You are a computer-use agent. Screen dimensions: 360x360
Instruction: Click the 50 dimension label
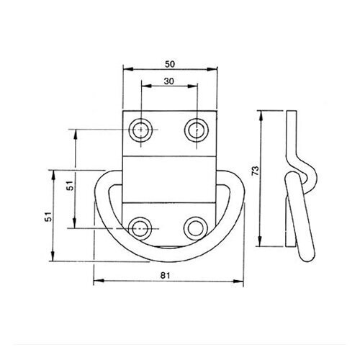tap(170, 64)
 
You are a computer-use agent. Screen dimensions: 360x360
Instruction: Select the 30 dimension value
tap(169, 81)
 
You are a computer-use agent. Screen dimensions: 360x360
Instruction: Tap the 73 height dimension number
tap(256, 171)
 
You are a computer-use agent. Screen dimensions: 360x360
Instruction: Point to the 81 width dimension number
tap(166, 275)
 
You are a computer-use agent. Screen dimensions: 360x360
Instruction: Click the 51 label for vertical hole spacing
tap(70, 185)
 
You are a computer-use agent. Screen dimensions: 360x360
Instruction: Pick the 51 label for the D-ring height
tap(49, 217)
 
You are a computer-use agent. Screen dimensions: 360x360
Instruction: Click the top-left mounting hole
tap(141, 130)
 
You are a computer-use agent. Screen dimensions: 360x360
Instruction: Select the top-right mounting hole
tap(197, 130)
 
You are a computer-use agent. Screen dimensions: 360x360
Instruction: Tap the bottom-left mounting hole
tap(140, 228)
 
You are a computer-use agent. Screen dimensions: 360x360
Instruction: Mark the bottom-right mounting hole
tap(195, 228)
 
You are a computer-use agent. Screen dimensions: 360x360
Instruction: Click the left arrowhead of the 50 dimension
tap(128, 69)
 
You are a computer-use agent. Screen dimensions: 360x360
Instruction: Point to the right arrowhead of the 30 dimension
tap(192, 86)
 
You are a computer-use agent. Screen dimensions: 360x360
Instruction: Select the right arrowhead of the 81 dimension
tap(238, 281)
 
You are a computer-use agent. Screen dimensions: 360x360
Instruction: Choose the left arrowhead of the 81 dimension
tap(99, 280)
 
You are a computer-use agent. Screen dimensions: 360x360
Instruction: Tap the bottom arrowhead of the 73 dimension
tap(260, 241)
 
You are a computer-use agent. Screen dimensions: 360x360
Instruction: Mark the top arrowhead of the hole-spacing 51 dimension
tap(76, 135)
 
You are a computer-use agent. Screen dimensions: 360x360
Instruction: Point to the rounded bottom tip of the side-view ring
tap(307, 257)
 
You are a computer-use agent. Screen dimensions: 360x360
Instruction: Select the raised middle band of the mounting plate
tap(168, 179)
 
